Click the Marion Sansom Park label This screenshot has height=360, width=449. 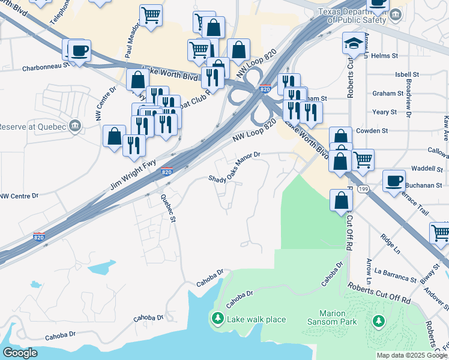pyautogui.click(x=338, y=317)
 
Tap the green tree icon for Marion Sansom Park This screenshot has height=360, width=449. pyautogui.click(x=378, y=322)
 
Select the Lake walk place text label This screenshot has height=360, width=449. pyautogui.click(x=256, y=319)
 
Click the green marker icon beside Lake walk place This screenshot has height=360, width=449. pyautogui.click(x=217, y=319)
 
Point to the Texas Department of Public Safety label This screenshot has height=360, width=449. pyautogui.click(x=355, y=15)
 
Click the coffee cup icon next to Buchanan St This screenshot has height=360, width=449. pyautogui.click(x=394, y=181)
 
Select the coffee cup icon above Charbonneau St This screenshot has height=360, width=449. pyautogui.click(x=79, y=50)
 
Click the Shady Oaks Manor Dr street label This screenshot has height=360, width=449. pyautogui.click(x=234, y=167)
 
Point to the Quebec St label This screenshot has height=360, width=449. pyautogui.click(x=167, y=208)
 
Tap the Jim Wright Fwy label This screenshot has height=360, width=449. pyautogui.click(x=133, y=173)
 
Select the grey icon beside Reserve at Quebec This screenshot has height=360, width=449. pyautogui.click(x=75, y=126)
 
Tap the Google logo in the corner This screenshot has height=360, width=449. pyautogui.click(x=20, y=353)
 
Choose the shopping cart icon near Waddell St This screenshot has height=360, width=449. pyautogui.click(x=363, y=160)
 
